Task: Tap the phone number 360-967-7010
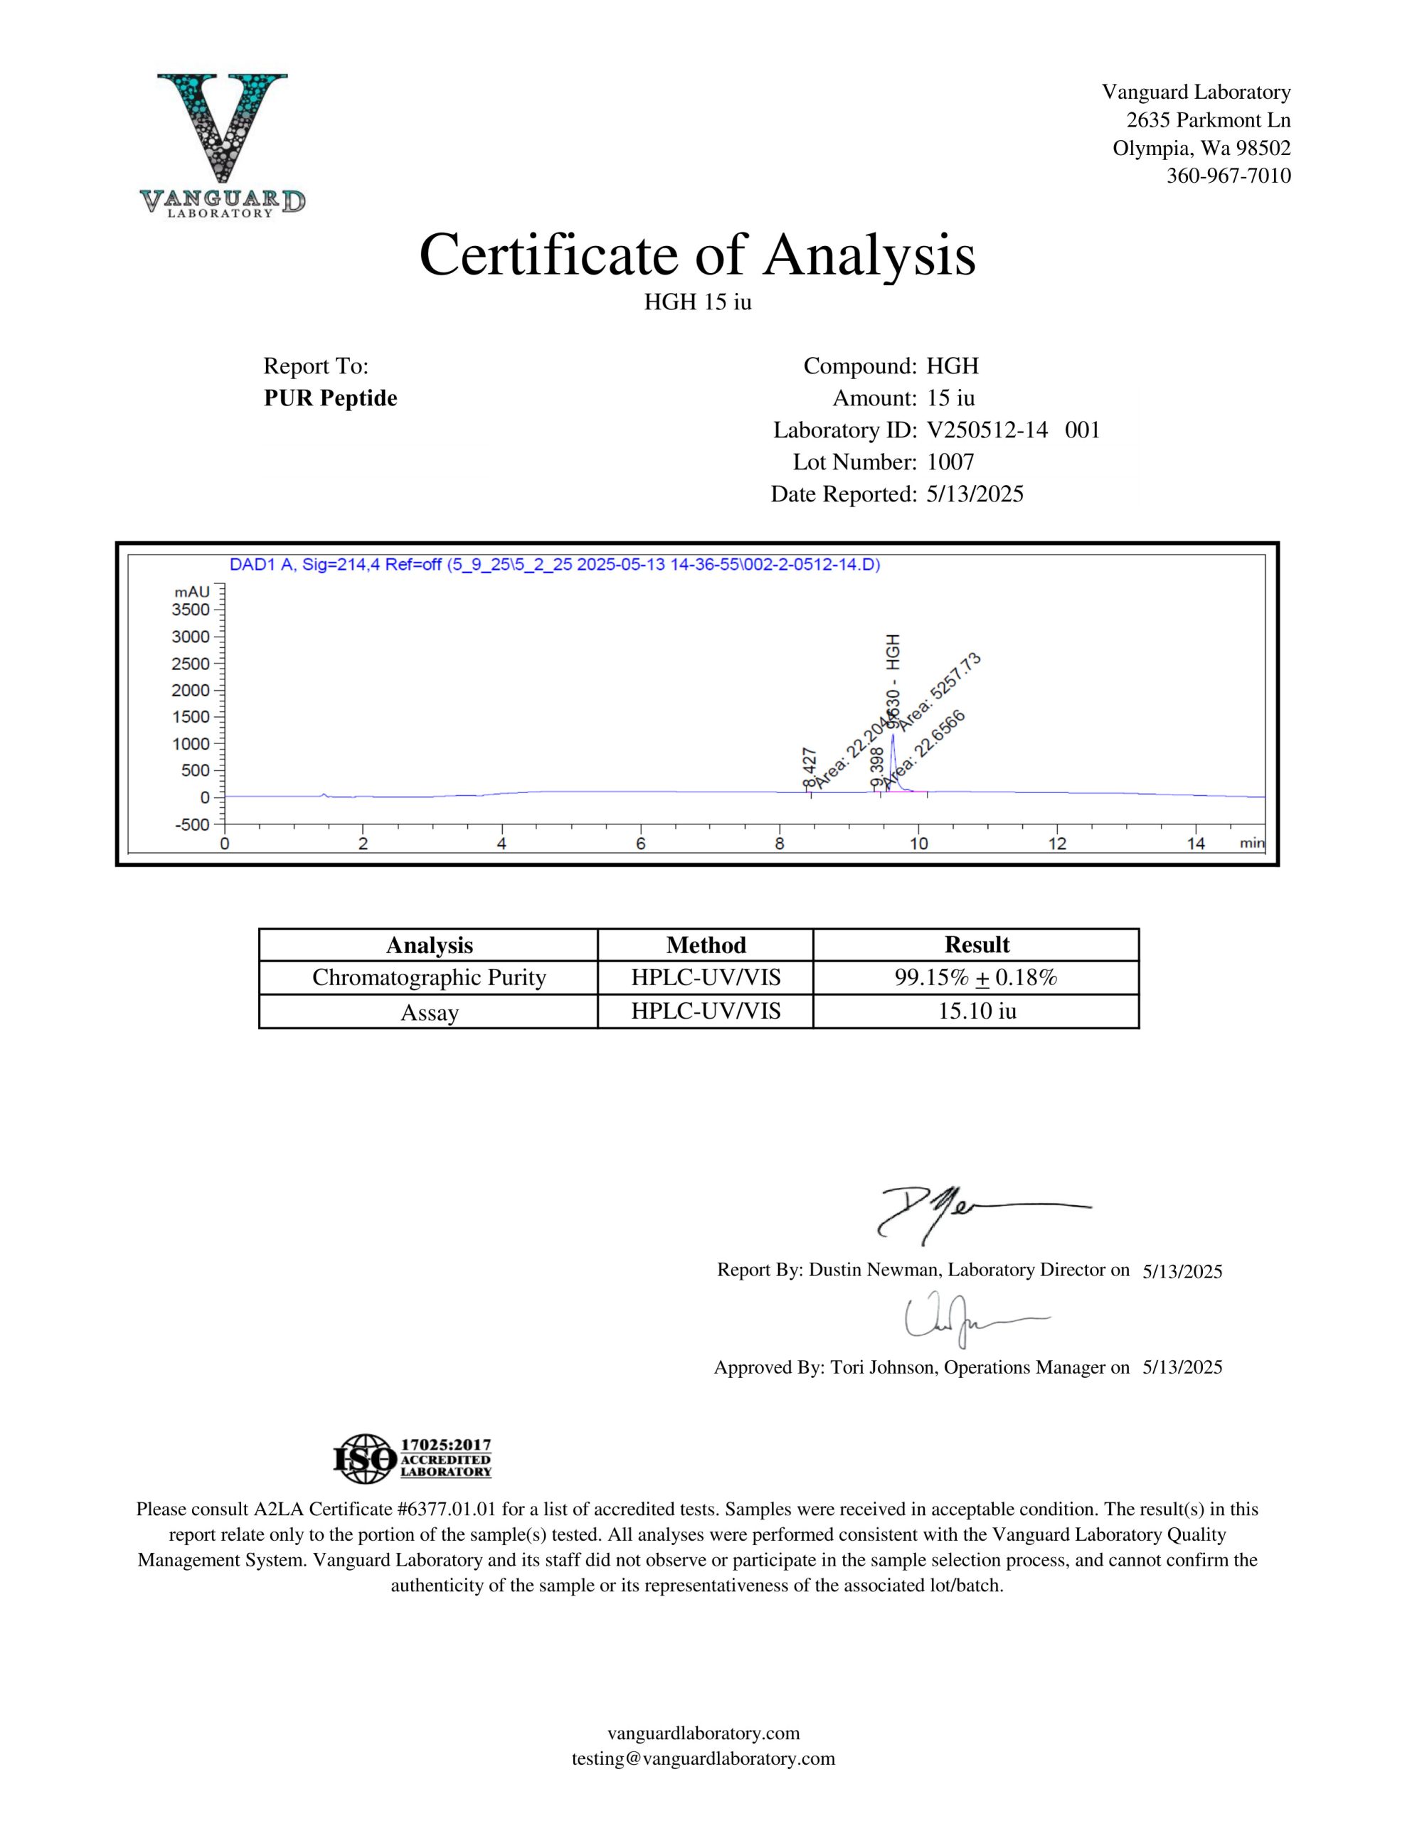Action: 1228,176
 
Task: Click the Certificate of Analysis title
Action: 697,255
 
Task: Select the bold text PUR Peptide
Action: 330,398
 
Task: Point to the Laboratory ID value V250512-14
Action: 987,430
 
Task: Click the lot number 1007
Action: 950,462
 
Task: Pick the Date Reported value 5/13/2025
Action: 974,494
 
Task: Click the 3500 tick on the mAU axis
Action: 191,610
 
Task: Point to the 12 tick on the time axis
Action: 1057,844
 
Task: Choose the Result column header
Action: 976,945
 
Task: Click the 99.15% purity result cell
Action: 976,977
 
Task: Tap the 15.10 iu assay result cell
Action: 976,1012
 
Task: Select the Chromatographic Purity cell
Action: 429,977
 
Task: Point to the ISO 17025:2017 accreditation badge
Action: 412,1458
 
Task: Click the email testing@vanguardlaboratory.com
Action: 703,1758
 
